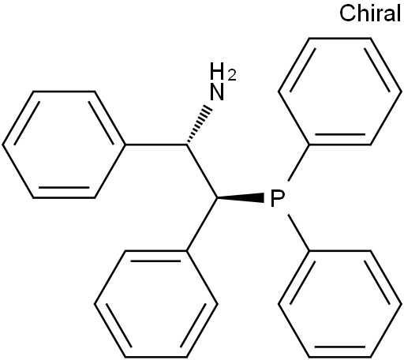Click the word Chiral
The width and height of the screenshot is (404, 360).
coord(370,13)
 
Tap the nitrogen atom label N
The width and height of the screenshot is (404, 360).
coord(217,92)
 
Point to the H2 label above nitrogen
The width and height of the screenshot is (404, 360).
coord(223,71)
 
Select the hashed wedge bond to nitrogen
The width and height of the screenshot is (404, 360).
coord(199,126)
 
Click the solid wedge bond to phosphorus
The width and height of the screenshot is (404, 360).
coord(241,197)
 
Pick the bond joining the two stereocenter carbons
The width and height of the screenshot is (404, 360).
coord(202,171)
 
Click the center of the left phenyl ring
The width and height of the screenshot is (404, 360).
coord(64,144)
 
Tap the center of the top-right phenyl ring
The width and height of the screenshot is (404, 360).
coord(340,92)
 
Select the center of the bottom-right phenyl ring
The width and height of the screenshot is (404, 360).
coord(340,304)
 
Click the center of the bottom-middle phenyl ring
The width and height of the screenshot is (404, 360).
coord(155,304)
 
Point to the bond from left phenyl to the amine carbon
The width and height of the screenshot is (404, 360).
coord(155,144)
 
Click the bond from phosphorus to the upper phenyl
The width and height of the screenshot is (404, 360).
coord(298,163)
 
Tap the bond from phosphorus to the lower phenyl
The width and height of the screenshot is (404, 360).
coord(298,233)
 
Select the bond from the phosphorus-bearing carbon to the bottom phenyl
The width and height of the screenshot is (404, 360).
coord(202,224)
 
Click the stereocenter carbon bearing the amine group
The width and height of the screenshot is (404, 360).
coord(186,144)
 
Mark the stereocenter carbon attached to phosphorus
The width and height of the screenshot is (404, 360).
coord(217,197)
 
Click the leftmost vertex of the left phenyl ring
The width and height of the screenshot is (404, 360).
coord(3,144)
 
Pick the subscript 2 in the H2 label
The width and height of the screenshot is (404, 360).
coord(232,76)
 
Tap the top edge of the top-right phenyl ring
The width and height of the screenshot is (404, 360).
coord(340,39)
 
